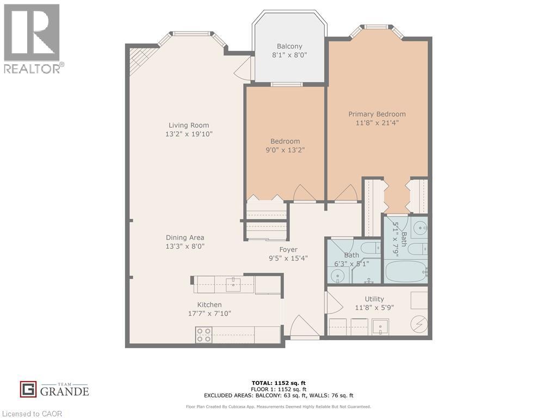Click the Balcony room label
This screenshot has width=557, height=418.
tap(289, 46)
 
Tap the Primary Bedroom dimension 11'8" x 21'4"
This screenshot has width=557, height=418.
tap(377, 123)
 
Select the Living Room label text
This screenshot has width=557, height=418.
tap(188, 125)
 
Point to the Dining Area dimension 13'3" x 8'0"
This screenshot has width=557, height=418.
tap(185, 246)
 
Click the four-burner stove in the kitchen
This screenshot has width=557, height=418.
tap(203, 334)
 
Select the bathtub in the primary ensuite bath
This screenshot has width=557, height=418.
tap(405, 271)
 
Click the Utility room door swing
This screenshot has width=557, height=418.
tap(331, 302)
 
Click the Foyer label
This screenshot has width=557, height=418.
tap(288, 250)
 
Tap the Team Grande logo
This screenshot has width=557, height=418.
tap(54, 389)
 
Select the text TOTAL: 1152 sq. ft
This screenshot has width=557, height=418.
tap(278, 383)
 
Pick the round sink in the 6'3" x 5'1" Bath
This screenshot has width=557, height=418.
tap(338, 276)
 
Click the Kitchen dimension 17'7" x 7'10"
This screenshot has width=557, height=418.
tap(209, 313)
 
